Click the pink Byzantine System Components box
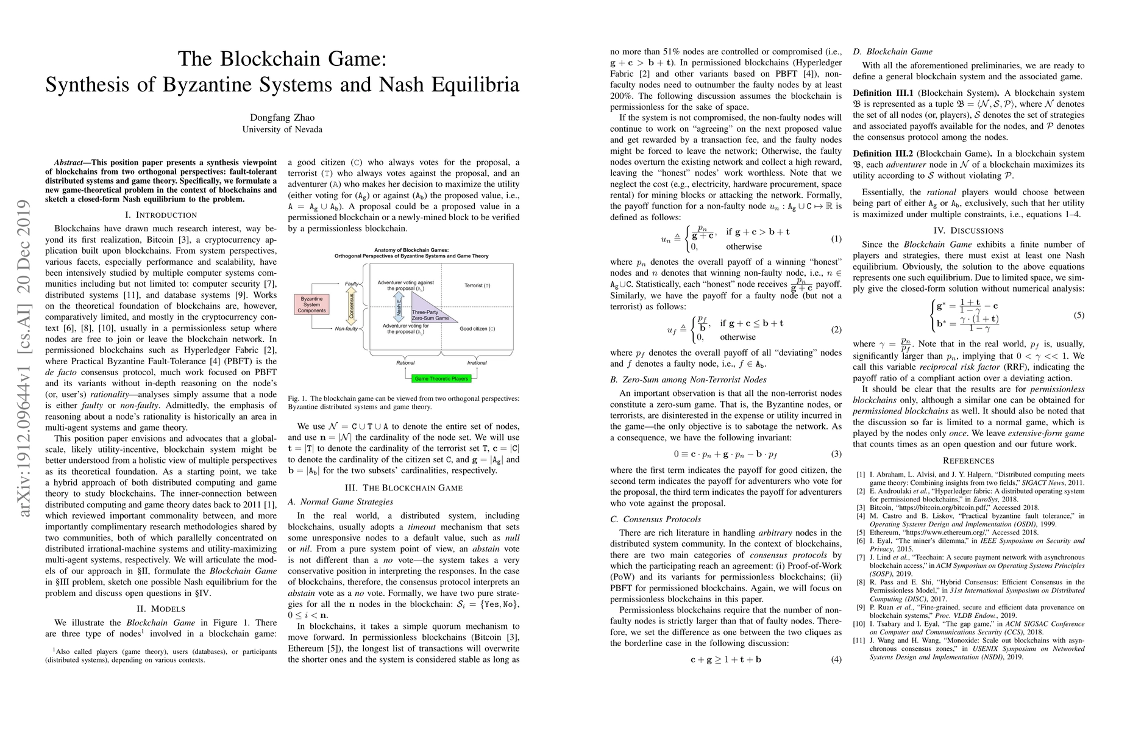[x=311, y=305]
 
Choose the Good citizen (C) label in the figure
[x=477, y=329]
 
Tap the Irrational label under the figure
[x=477, y=363]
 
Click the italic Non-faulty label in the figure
[x=346, y=329]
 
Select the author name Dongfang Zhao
[x=282, y=117]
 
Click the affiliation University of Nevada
[x=282, y=129]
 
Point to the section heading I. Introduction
[x=161, y=215]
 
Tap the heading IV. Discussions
[x=968, y=231]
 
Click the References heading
[x=968, y=461]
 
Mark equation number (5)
[x=1079, y=316]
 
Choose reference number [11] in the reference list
[x=860, y=640]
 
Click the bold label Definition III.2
[x=883, y=154]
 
